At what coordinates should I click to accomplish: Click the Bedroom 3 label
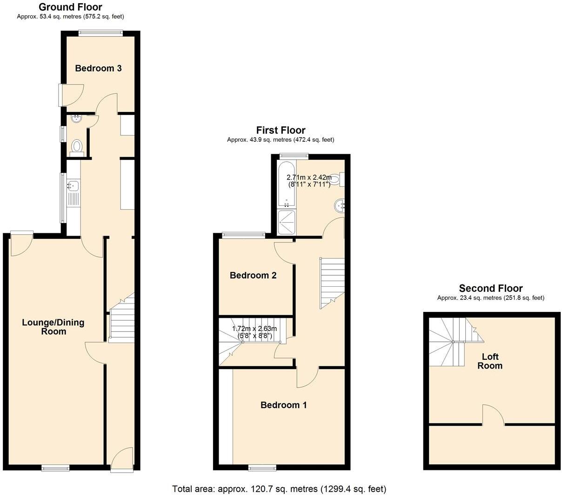(98, 68)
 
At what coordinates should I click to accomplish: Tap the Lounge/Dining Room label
(53, 327)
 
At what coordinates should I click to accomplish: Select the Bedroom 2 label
(253, 275)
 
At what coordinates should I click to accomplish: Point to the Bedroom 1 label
(283, 405)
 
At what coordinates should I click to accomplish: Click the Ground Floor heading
(70, 7)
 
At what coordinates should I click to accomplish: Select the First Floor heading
(281, 130)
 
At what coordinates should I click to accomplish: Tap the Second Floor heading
(490, 288)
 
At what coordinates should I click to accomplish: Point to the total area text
(279, 488)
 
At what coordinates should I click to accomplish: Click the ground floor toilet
(76, 147)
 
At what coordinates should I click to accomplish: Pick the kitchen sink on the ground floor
(73, 186)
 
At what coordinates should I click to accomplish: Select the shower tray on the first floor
(287, 223)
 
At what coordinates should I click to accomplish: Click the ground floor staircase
(121, 321)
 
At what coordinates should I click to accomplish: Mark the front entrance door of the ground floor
(121, 459)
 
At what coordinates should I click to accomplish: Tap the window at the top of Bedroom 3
(100, 33)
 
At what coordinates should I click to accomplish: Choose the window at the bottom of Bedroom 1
(262, 467)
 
